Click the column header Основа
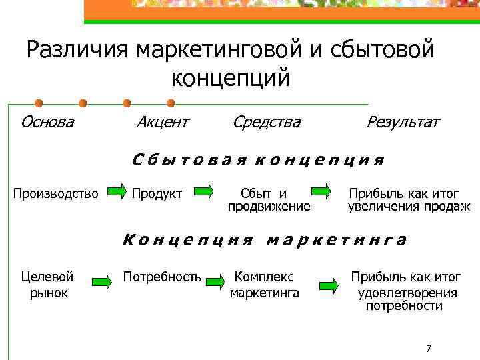[47, 122]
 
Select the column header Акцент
[162, 122]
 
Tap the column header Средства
[267, 122]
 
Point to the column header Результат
[403, 122]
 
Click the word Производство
[56, 193]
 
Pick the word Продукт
[157, 193]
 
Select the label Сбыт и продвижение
[269, 200]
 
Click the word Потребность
[162, 275]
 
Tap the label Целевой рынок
[48, 283]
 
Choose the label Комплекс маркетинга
[265, 283]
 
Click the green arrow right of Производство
[116, 193]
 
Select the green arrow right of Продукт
[203, 193]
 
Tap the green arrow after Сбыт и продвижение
[321, 193]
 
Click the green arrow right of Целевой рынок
[101, 283]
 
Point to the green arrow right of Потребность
[215, 283]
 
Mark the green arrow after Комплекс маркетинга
[328, 285]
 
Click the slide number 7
[428, 349]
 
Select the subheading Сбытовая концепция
[258, 160]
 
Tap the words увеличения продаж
[409, 207]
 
